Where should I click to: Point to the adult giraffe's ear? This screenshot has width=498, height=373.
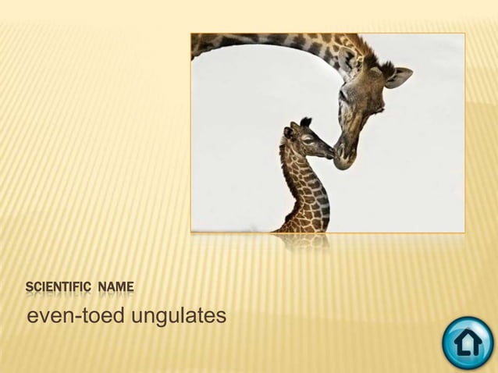point(399,76)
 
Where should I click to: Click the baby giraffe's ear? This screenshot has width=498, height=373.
point(288,133)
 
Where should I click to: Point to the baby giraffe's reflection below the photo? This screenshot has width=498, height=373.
point(304,241)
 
